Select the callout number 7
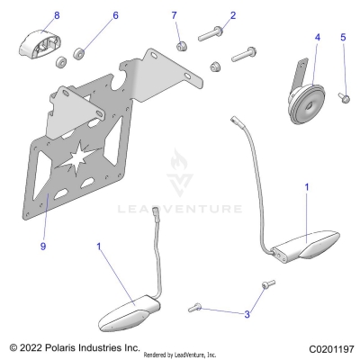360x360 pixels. click(175, 15)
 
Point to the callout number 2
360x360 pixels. click(233, 15)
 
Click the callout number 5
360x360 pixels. click(342, 37)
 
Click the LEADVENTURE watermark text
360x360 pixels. click(179, 210)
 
